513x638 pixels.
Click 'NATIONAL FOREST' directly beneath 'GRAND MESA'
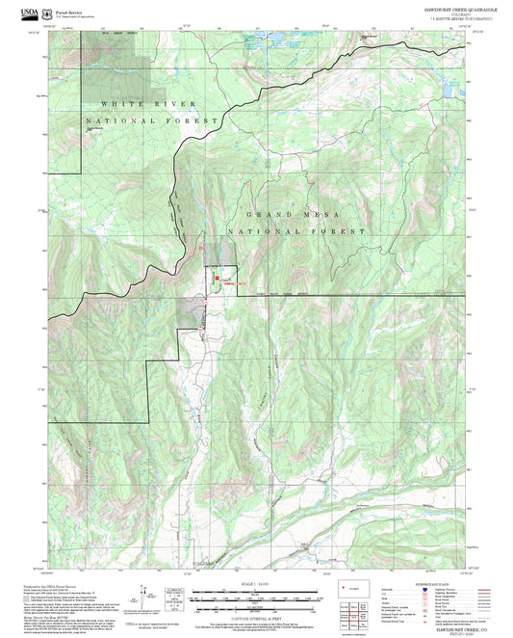tap(295, 232)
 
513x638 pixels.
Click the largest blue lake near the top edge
tap(269, 42)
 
